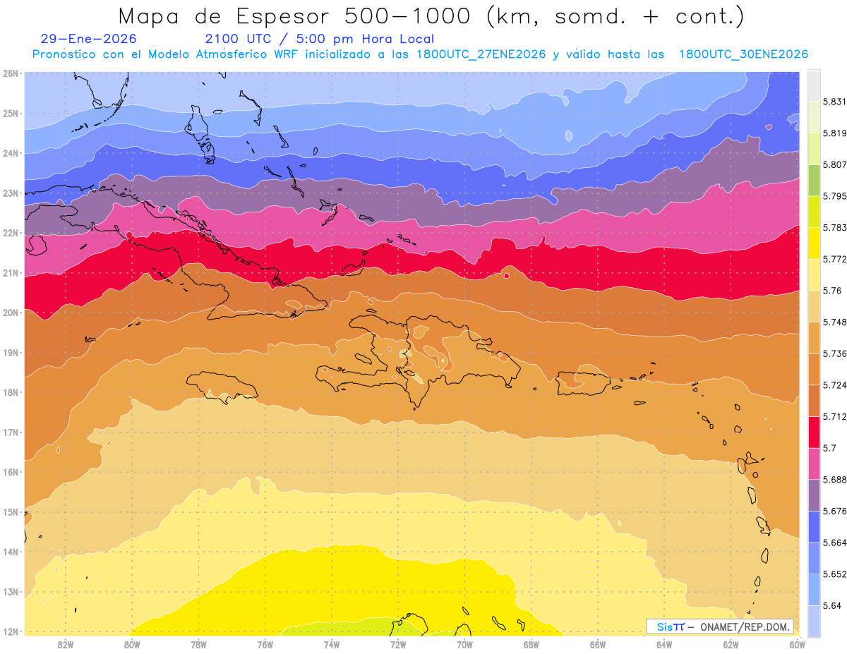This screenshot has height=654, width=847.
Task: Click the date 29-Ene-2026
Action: tap(89, 40)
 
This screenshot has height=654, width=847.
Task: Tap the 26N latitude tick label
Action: tap(10, 73)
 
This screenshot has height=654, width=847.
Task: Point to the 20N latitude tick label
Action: tap(10, 313)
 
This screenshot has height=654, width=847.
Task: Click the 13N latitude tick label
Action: tap(10, 592)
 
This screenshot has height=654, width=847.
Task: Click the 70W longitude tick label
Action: tap(464, 643)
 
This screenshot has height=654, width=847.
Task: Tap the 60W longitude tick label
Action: tap(798, 643)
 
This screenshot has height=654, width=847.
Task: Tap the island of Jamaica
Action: tap(222, 387)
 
